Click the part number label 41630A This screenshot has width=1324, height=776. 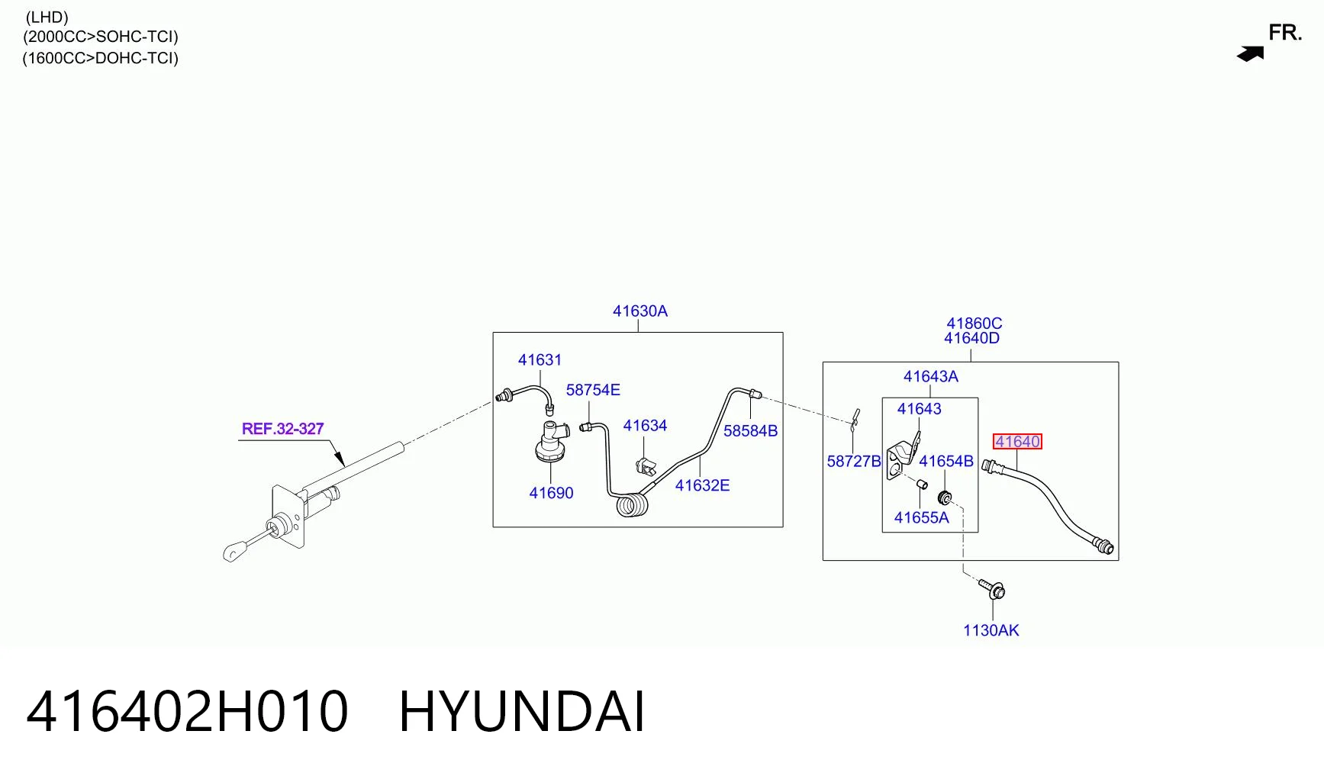(639, 311)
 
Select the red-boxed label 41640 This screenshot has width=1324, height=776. (1017, 442)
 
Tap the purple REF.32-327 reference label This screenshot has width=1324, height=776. (282, 429)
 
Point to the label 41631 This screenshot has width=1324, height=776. (540, 360)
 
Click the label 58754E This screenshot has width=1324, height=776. (593, 390)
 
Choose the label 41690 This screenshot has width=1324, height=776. (551, 493)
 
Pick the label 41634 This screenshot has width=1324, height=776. (645, 426)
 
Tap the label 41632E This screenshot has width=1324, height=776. (702, 485)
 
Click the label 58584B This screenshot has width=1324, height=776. (750, 431)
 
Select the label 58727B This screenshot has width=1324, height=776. (854, 462)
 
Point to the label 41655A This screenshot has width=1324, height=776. (922, 518)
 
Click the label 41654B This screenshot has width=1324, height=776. (946, 462)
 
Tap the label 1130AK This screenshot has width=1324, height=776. (991, 630)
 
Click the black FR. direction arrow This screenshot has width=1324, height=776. (1251, 54)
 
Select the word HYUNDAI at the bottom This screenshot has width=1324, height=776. (522, 712)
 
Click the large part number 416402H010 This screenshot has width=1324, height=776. (187, 712)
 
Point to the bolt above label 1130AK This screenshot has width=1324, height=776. (992, 589)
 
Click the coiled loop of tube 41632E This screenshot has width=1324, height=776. (632, 506)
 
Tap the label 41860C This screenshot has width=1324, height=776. (974, 324)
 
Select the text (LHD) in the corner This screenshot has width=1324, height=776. (47, 17)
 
